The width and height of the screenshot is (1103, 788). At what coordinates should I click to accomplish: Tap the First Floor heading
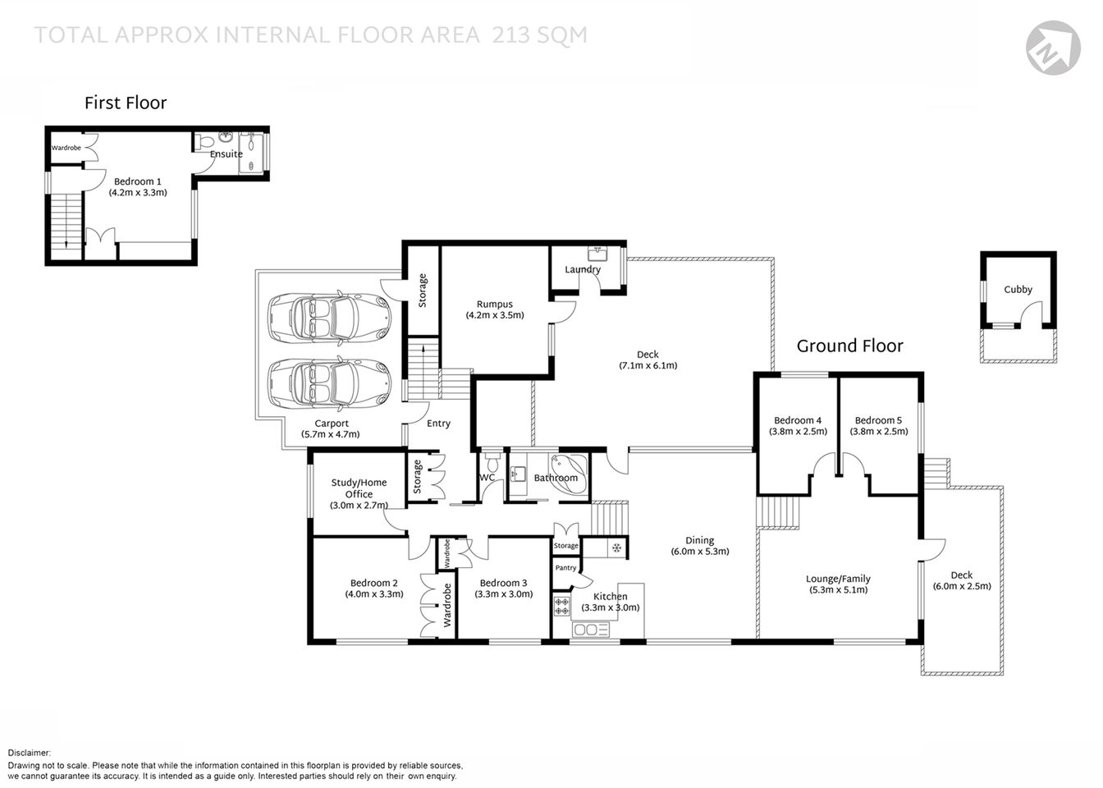126,103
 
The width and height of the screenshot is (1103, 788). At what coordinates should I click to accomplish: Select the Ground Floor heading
849,346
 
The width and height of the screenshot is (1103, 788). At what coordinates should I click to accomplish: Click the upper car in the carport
330,316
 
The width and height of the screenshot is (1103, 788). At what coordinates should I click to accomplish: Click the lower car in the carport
330,383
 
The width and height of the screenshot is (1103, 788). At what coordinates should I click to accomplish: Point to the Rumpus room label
494,304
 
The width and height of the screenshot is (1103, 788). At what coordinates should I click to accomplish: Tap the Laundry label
583,269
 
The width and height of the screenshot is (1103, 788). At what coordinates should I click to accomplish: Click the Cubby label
1018,289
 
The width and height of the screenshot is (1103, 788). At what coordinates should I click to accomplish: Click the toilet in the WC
492,456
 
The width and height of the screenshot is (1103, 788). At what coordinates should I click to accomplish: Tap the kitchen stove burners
562,606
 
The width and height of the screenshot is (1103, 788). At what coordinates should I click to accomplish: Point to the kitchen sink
590,630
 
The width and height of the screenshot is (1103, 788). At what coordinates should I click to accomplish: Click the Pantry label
565,567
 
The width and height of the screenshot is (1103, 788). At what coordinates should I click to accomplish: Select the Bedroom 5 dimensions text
879,431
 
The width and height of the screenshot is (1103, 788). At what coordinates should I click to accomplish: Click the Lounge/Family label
838,579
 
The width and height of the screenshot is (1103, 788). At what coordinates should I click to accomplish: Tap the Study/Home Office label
359,488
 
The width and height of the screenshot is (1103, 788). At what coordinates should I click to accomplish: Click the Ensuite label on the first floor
227,153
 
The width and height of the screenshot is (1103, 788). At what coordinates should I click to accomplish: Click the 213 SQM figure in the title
539,34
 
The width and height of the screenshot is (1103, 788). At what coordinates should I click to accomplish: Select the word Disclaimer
30,753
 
